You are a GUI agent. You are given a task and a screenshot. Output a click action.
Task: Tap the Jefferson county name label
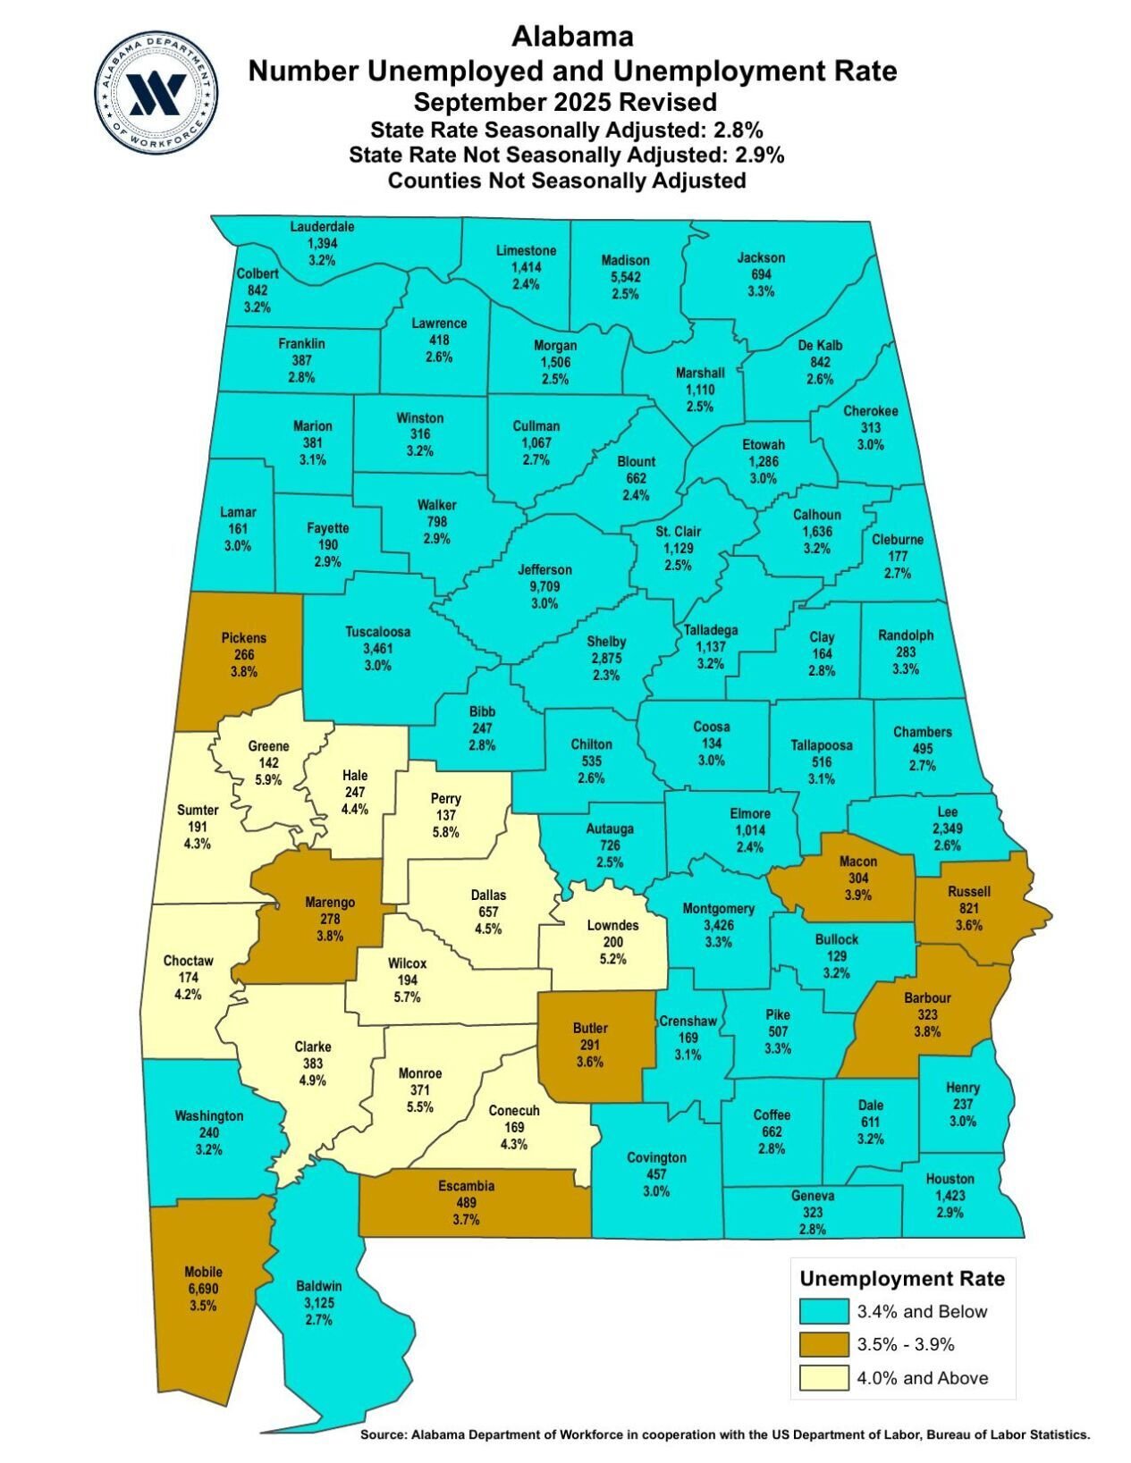(x=544, y=569)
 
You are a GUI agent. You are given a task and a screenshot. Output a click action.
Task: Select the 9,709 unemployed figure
(x=544, y=586)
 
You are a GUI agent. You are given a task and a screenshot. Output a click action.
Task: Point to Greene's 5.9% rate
(x=268, y=779)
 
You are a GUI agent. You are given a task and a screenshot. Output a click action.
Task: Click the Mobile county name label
(x=203, y=1272)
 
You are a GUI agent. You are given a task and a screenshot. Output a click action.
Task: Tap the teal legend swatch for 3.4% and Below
(x=823, y=1311)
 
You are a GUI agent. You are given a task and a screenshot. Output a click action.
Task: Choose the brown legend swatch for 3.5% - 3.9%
(x=823, y=1344)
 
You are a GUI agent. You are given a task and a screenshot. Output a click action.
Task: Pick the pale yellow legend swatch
(x=823, y=1377)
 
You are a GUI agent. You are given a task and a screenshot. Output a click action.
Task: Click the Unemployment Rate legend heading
(x=901, y=1278)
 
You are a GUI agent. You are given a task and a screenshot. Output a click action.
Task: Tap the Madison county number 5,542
(x=625, y=277)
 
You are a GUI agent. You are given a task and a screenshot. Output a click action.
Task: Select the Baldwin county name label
(x=318, y=1286)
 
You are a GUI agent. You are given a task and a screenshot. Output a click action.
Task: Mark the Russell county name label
(x=969, y=891)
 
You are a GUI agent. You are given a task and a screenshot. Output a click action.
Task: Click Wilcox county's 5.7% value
(x=407, y=997)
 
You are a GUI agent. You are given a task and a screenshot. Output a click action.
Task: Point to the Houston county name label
(x=950, y=1179)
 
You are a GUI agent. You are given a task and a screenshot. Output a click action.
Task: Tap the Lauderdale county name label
(x=322, y=226)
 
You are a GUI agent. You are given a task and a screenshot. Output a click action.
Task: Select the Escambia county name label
(x=466, y=1186)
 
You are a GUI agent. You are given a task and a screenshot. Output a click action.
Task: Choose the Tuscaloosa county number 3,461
(x=377, y=648)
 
